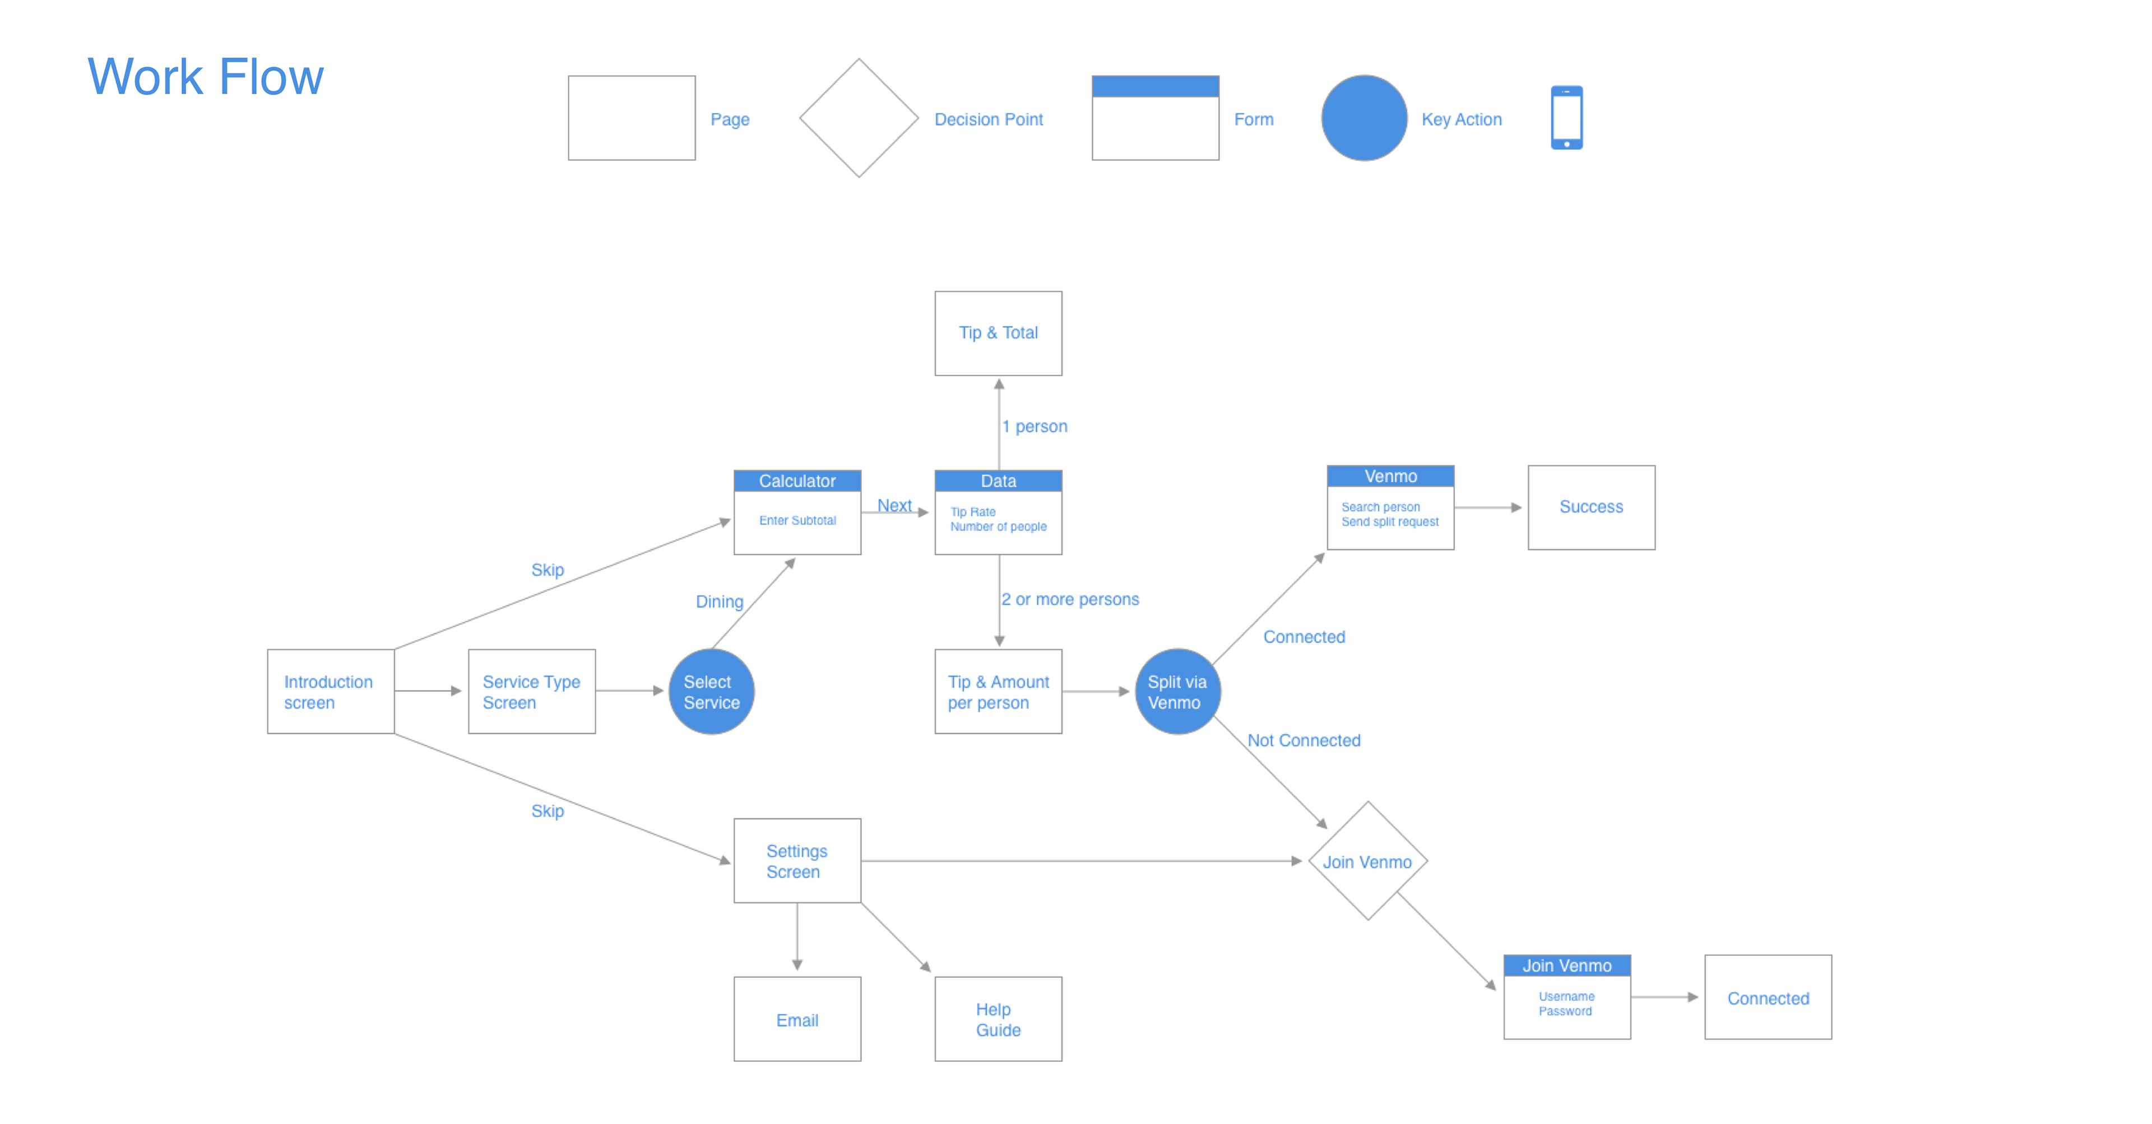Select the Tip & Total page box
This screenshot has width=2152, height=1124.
click(998, 333)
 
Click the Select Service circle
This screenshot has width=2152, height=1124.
click(712, 692)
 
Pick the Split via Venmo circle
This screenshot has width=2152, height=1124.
click(1177, 692)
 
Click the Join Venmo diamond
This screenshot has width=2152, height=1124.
click(1367, 861)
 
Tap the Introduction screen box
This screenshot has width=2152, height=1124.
click(331, 692)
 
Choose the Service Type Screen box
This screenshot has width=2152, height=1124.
click(531, 692)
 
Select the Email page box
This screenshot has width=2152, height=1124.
click(797, 1019)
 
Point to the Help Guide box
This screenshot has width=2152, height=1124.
click(998, 1019)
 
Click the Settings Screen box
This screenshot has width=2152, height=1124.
click(797, 861)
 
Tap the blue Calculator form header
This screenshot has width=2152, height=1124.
click(797, 481)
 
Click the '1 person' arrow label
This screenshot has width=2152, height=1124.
click(1035, 427)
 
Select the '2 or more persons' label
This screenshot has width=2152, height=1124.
click(1070, 600)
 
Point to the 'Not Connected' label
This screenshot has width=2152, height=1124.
click(1304, 740)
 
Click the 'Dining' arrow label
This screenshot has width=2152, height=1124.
click(719, 601)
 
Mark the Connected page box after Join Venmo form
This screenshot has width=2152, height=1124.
click(1768, 998)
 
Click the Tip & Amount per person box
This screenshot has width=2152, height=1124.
click(998, 692)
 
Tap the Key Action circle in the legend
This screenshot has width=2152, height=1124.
click(1363, 118)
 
